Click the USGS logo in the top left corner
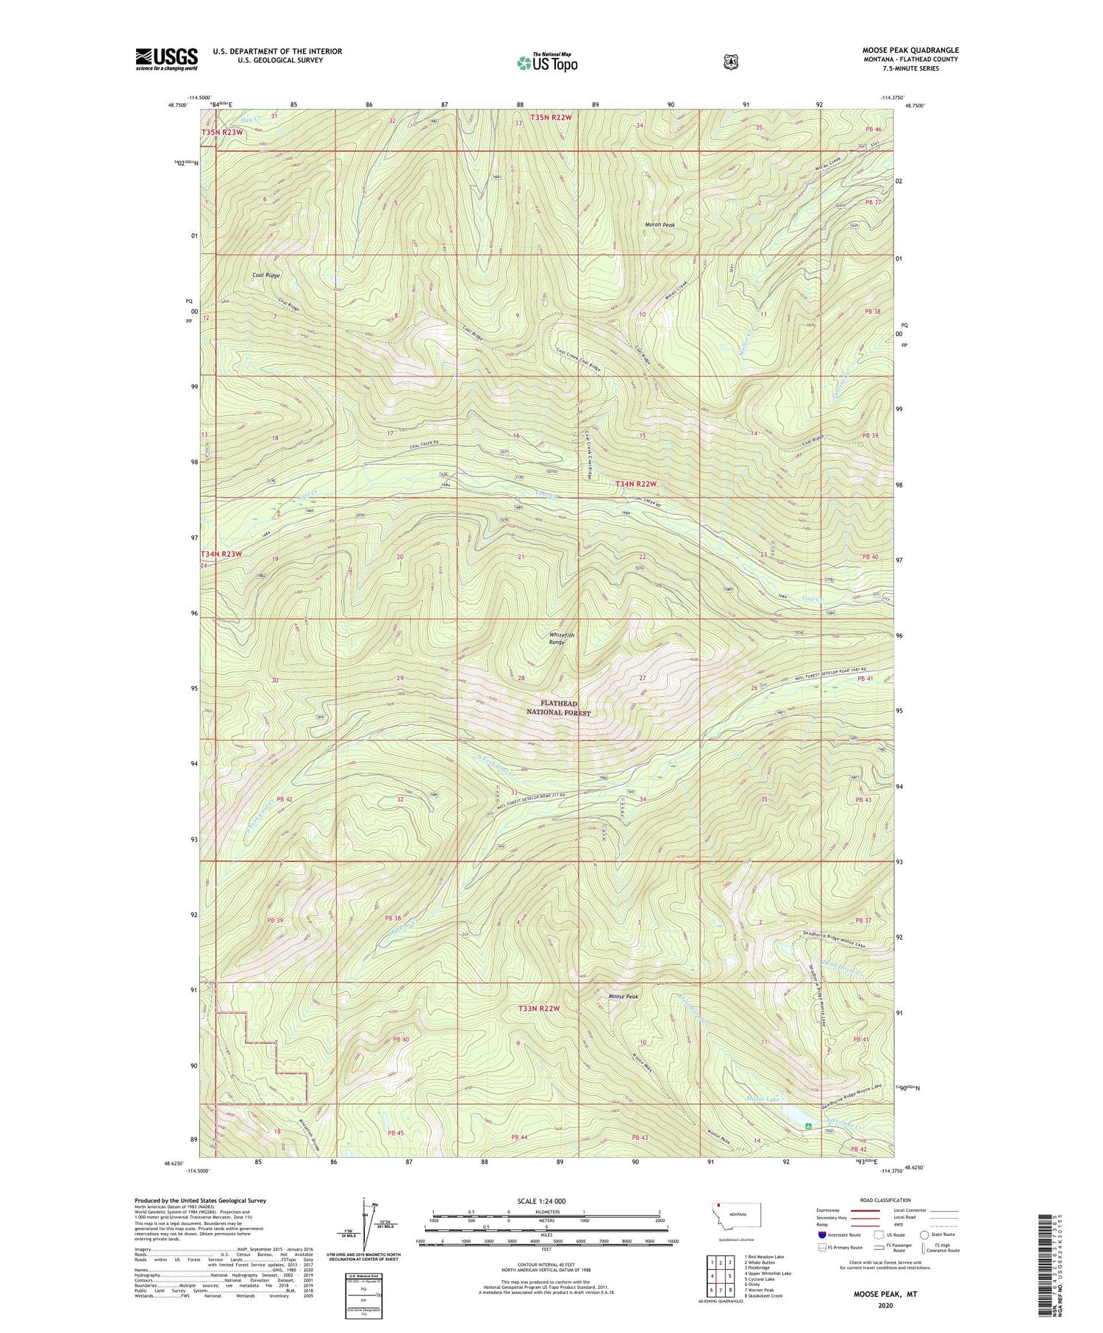click(166, 59)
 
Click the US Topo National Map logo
click(547, 62)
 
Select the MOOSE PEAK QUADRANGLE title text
click(910, 51)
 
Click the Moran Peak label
click(659, 225)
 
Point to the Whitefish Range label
click(562, 638)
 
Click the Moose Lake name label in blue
click(762, 1099)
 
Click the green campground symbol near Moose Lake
click(808, 1126)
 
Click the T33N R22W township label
click(540, 1009)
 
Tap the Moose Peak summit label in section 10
click(623, 996)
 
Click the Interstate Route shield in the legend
click(821, 1234)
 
